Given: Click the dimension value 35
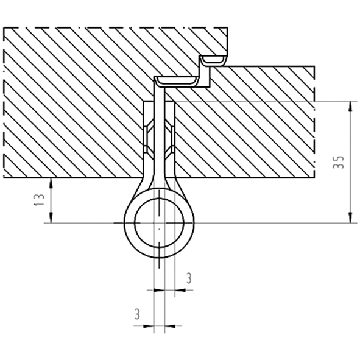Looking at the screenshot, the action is coord(339,162).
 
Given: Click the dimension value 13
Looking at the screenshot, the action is coord(39,200).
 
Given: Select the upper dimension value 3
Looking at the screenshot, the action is coord(189,278).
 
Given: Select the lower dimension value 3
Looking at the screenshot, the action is coord(137,314).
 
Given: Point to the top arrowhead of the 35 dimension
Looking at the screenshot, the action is coord(350,107).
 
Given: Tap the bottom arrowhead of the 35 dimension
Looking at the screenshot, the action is coord(350,217).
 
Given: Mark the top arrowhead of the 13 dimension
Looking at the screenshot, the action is coord(51,184).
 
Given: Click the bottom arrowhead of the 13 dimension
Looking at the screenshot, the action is coord(51,217).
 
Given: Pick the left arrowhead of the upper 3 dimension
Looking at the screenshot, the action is coord(159,290).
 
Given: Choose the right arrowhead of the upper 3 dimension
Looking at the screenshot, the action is coord(180,290).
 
